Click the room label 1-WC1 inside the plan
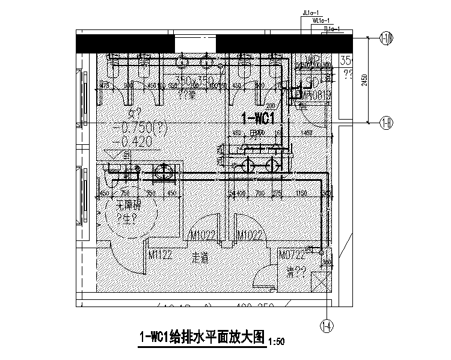(x=258, y=116)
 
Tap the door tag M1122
(x=161, y=255)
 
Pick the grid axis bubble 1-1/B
(x=387, y=40)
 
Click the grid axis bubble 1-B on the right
(x=386, y=124)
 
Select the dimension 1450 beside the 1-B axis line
(x=307, y=132)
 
